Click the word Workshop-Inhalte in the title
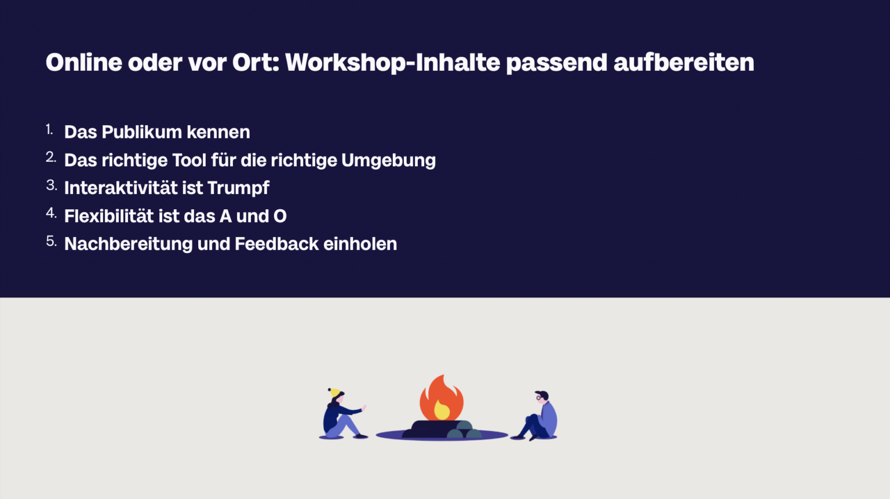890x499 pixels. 392,63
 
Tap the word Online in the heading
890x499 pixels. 83,63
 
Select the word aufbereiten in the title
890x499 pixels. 684,63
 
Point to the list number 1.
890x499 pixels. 49,130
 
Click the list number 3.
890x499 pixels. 51,185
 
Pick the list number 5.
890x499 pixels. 51,241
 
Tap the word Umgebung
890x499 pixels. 388,161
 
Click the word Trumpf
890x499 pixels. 238,188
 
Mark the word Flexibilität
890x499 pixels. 109,216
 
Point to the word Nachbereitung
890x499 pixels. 128,244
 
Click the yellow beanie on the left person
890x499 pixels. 334,392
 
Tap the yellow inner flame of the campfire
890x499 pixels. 442,410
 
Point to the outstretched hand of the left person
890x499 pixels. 364,407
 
